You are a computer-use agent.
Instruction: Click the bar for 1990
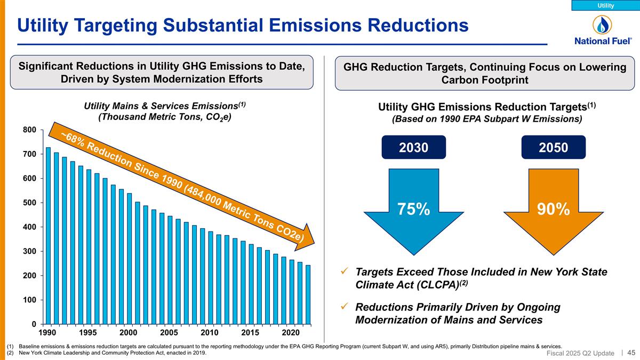tap(48, 236)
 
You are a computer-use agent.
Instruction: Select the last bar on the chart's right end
tap(308, 294)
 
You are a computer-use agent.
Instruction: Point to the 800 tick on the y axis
tap(29, 130)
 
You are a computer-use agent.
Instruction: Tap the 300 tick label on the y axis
tap(29, 251)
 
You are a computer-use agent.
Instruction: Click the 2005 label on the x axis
tap(169, 333)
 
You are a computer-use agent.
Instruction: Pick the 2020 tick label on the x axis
tap(291, 333)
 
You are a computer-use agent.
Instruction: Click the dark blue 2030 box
tap(414, 147)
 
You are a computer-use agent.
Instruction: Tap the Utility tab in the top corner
tap(605, 5)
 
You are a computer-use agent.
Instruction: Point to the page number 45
tap(631, 352)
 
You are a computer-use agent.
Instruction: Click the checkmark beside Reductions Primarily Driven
tap(345, 307)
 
